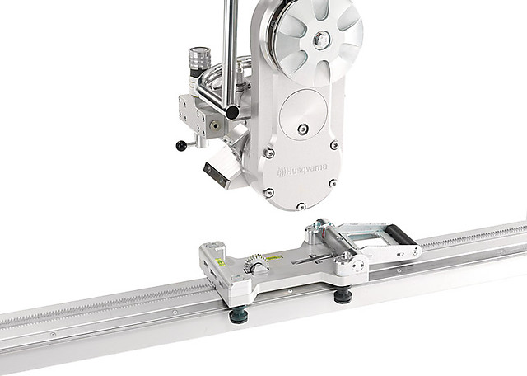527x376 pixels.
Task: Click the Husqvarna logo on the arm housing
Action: (302, 171)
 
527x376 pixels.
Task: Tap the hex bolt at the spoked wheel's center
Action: (321, 40)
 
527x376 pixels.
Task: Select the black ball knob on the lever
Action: (181, 145)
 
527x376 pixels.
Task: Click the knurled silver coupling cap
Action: (199, 58)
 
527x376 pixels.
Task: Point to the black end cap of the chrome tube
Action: (232, 112)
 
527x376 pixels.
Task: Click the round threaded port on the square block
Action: (215, 126)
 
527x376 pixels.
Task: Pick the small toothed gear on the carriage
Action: (254, 263)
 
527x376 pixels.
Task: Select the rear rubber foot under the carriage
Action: (343, 295)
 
